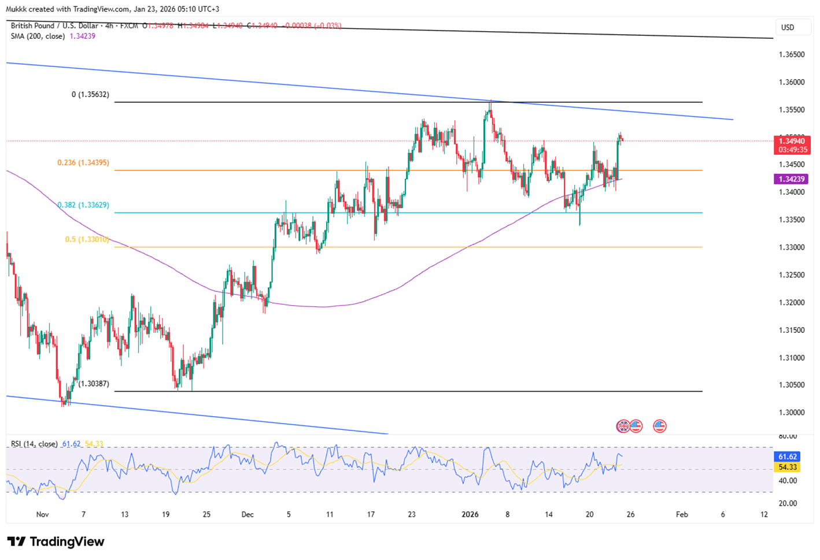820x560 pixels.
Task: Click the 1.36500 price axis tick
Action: click(x=791, y=54)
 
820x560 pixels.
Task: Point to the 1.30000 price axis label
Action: click(x=791, y=413)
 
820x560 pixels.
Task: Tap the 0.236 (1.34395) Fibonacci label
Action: click(x=83, y=163)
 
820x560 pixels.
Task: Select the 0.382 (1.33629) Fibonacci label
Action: click(x=83, y=205)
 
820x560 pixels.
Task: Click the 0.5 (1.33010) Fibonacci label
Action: click(x=87, y=239)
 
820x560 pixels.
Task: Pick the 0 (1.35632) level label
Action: click(x=90, y=95)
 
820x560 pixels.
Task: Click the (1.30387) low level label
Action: click(x=94, y=384)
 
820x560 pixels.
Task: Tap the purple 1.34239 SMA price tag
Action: click(x=791, y=179)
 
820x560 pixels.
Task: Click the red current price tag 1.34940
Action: click(x=792, y=142)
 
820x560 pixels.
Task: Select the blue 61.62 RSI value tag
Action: click(x=788, y=457)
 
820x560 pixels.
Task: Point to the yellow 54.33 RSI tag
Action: click(x=788, y=467)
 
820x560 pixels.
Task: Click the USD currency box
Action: click(x=788, y=27)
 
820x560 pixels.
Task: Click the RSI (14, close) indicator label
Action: click(x=34, y=444)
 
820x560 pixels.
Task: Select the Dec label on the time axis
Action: click(x=248, y=514)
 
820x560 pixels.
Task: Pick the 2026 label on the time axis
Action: click(x=470, y=514)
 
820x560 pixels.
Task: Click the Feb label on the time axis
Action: click(x=682, y=514)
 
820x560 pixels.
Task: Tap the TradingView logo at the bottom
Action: click(x=56, y=542)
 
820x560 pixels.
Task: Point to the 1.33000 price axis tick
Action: click(x=791, y=247)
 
